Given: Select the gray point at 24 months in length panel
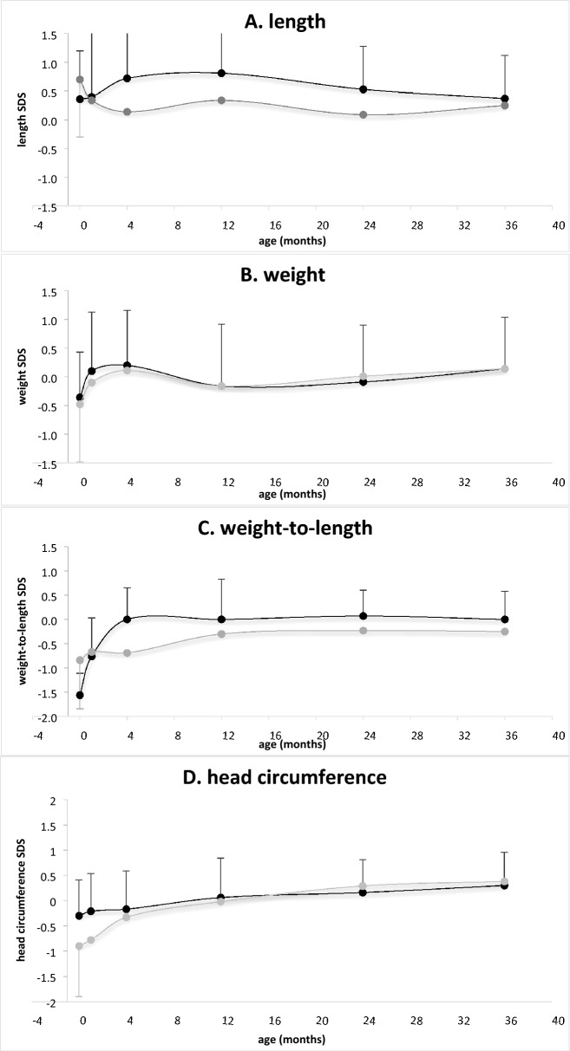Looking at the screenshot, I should (364, 114).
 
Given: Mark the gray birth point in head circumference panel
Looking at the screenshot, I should (80, 946).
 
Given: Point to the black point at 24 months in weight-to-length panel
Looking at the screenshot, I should (364, 616).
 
